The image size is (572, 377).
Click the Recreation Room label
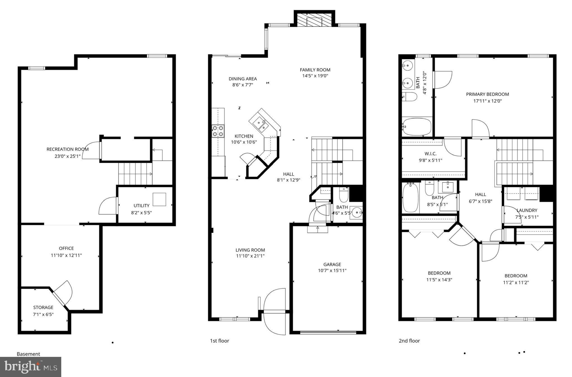pos(67,149)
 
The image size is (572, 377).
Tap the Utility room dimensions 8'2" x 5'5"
pos(141,213)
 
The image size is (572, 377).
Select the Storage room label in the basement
pos(43,307)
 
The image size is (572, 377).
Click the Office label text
pos(66,248)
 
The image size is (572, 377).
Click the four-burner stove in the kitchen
pos(218,131)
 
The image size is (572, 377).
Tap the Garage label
pos(332,264)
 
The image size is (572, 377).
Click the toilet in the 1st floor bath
pos(343,195)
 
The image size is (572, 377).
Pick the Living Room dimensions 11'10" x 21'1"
pos(250,256)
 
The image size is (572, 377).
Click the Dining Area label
pos(243,79)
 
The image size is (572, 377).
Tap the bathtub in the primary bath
pos(417,127)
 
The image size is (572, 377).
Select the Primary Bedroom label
pos(487,94)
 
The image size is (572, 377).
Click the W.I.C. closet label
pos(430,154)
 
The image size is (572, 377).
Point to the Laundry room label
pos(527,210)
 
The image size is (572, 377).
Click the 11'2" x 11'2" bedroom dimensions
pos(516,282)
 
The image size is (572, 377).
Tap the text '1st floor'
pos(220,341)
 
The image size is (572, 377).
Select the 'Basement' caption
pos(28,354)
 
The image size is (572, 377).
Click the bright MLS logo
pos(30,367)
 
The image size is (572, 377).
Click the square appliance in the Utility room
pos(159,199)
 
